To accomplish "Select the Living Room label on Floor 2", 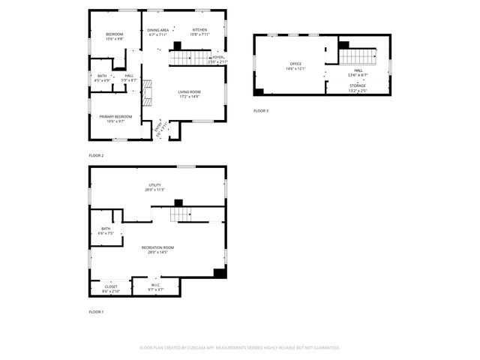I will point(189,94).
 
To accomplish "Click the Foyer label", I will point(217,58).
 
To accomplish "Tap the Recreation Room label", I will point(157,249).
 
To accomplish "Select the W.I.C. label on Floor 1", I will point(155,286).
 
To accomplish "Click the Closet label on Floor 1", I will point(110,287).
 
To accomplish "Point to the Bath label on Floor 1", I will point(106,230).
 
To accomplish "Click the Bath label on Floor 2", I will point(102,76).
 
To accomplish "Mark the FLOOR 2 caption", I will point(96,155).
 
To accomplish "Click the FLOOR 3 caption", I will point(261,110).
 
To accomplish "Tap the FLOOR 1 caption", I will point(96,311).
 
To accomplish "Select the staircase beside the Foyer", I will point(187,58).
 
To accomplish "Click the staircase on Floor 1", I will point(184,215).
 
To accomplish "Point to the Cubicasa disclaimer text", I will point(240,348).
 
